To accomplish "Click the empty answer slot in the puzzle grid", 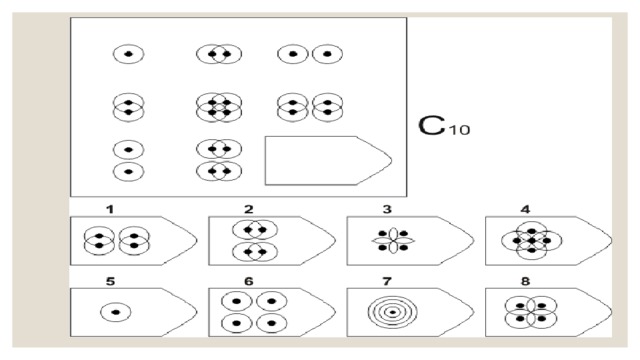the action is pos(328,160).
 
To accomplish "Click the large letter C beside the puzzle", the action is pos(431,126).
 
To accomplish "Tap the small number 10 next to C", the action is pos(459,130).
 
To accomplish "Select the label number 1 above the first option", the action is pos(110,209).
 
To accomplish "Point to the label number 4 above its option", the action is pos(525,209).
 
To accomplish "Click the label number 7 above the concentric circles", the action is pos(387,281).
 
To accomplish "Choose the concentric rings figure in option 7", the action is pos(393,312).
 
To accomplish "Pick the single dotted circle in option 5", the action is pos(116,312).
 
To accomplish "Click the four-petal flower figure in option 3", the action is pos(393,240).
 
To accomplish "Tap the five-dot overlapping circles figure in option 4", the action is pos(531,240).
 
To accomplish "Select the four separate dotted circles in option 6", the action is pos(254,313).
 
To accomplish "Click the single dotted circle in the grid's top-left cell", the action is pos(129,54).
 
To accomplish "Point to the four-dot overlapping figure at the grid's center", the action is pos(219,107).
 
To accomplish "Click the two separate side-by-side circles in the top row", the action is pos(310,54).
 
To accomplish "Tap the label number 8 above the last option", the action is pos(525,281).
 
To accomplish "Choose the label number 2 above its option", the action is pos(249,209).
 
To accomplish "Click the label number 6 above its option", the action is pos(249,281).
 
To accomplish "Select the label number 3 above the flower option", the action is pos(387,209).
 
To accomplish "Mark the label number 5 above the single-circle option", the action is pos(110,281).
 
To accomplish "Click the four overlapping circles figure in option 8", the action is pos(531,312).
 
